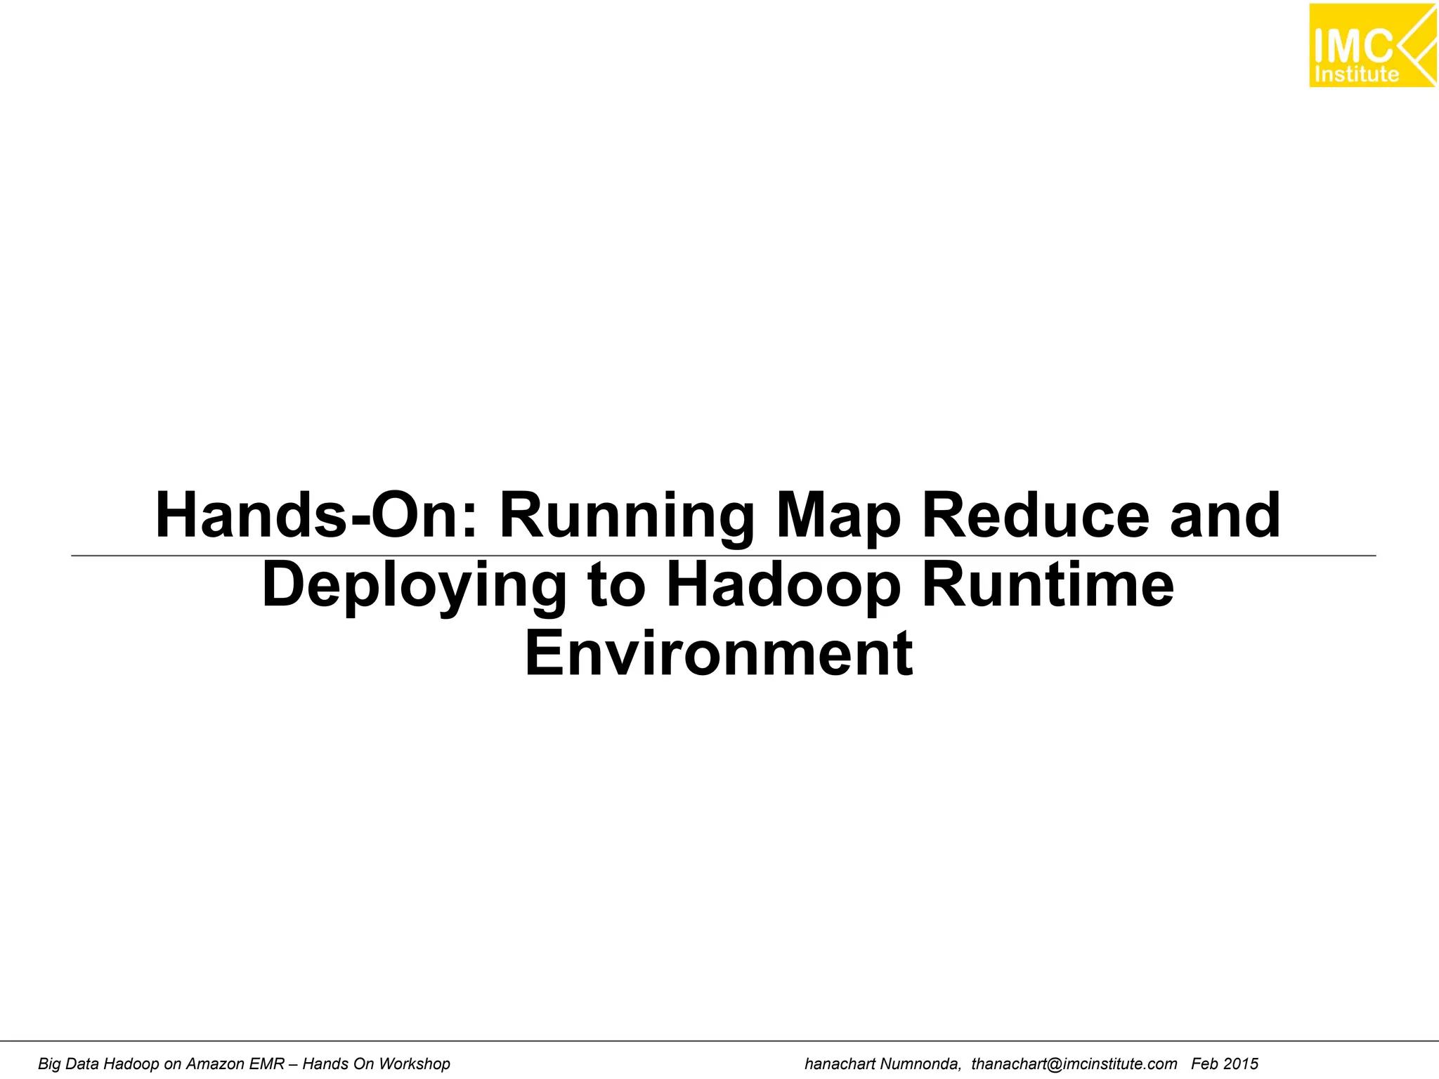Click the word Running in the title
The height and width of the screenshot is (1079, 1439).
(625, 518)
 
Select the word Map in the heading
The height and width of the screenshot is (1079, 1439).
(838, 518)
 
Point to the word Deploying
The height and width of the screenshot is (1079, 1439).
(414, 587)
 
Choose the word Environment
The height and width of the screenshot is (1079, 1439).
(719, 653)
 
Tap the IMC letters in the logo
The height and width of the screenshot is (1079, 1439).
(1353, 46)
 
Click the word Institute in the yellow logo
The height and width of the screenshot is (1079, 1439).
(1356, 74)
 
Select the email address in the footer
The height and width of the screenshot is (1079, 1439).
(1074, 1064)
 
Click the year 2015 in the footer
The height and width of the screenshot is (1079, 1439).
(1240, 1064)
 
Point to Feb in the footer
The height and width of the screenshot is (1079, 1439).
(1204, 1064)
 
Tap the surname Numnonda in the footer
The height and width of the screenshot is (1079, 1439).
(920, 1064)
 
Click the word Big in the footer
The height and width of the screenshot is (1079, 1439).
(49, 1064)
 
